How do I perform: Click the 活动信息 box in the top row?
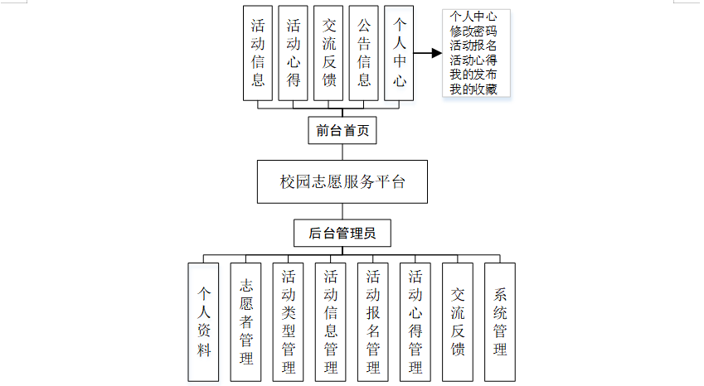click(x=259, y=53)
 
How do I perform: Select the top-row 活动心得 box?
click(x=294, y=53)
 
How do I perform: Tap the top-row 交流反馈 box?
click(x=329, y=53)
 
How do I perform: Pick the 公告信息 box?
click(x=364, y=53)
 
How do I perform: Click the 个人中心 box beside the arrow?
click(x=400, y=53)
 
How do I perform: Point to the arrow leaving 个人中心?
click(x=428, y=53)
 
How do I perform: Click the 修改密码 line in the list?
click(x=473, y=31)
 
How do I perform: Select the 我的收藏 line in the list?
click(x=473, y=89)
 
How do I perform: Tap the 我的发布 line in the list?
click(x=473, y=75)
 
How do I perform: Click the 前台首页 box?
click(x=342, y=130)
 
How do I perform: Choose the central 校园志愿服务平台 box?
click(x=342, y=181)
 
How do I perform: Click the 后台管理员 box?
click(x=342, y=233)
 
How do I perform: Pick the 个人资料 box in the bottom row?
click(x=204, y=321)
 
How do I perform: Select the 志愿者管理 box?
click(x=246, y=321)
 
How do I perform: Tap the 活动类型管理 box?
click(x=289, y=321)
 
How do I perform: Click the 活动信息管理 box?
click(x=331, y=321)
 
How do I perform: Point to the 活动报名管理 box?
click(x=373, y=321)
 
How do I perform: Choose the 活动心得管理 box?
click(x=415, y=321)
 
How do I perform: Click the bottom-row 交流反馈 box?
click(x=458, y=321)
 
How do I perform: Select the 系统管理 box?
click(x=500, y=321)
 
